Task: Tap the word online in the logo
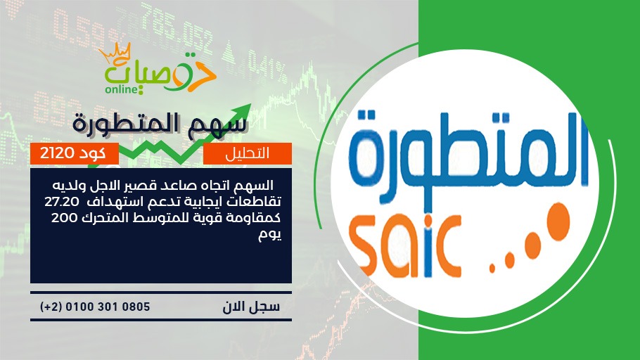pos(122,89)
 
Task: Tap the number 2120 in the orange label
pos(57,153)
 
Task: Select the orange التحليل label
pos(248,153)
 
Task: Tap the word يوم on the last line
pos(270,235)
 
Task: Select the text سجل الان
pos(251,307)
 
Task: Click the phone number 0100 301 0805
pos(108,307)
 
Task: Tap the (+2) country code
pos(51,307)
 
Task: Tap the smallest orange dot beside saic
pos(492,269)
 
